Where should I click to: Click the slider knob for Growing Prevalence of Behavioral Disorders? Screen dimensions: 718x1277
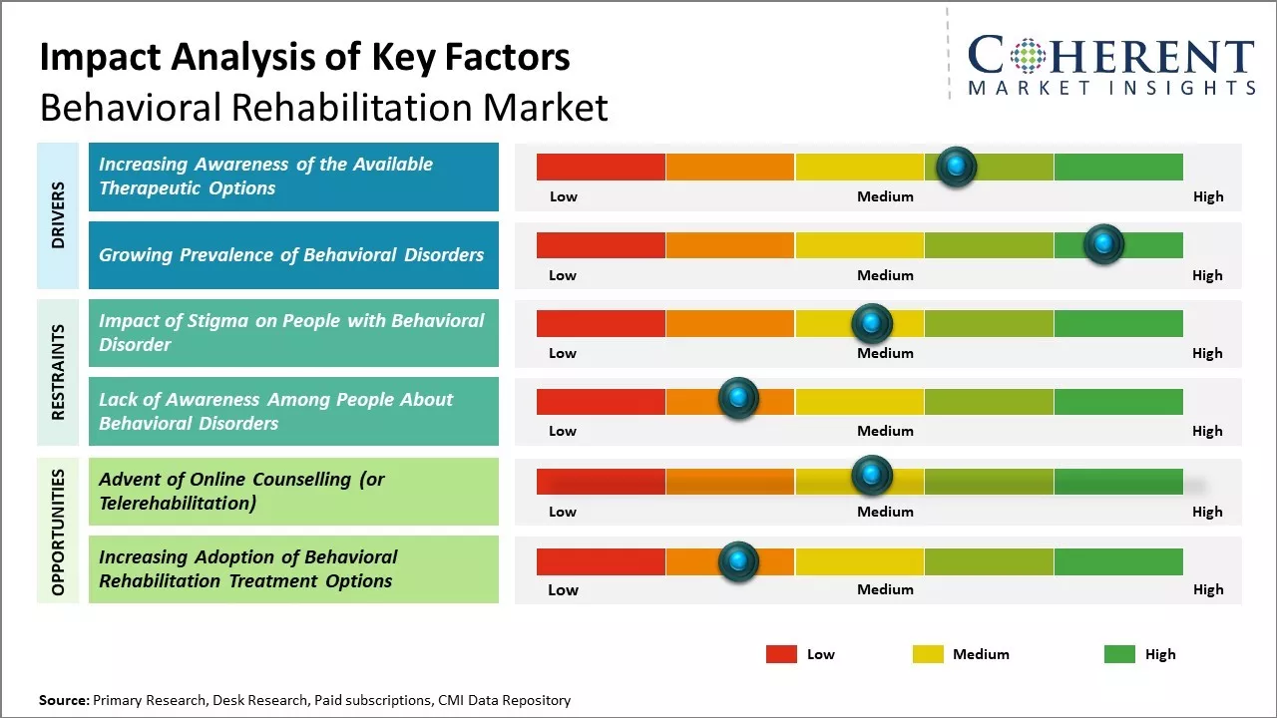[x=1103, y=244]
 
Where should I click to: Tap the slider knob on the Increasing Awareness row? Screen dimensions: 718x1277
[x=957, y=167]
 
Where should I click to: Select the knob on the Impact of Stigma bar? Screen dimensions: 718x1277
[x=871, y=323]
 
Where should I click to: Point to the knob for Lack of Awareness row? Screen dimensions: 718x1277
[x=738, y=399]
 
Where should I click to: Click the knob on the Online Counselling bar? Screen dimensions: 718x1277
[x=871, y=475]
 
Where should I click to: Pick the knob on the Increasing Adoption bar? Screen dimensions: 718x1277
[x=738, y=561]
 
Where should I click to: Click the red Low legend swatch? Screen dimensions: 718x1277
[x=781, y=654]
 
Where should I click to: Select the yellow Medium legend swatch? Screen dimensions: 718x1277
[x=928, y=654]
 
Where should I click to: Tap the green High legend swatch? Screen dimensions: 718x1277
[x=1119, y=654]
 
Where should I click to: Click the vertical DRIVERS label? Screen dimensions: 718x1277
[x=58, y=215]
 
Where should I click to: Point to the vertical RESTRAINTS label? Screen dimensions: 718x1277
[x=58, y=372]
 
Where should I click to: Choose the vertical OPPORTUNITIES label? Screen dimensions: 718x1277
[x=58, y=532]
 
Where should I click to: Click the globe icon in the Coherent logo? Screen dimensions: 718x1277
[x=1029, y=56]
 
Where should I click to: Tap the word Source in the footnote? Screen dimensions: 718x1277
[x=64, y=700]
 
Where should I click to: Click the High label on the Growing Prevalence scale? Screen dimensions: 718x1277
[x=1207, y=275]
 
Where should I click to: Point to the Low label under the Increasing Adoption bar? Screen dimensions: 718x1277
[x=563, y=589]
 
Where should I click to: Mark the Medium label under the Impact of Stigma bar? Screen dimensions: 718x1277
[x=885, y=353]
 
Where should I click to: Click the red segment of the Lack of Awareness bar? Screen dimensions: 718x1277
[x=601, y=401]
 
